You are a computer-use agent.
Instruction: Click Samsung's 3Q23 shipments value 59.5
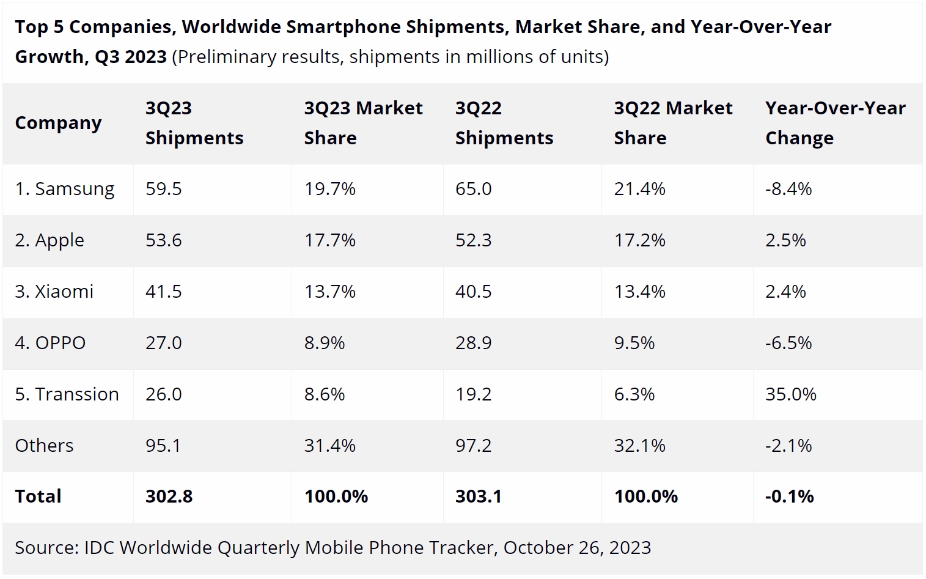click(163, 189)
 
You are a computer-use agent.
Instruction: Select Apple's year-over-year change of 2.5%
click(785, 240)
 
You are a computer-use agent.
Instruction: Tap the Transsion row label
click(67, 394)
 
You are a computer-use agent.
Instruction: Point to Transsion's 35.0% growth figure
click(790, 394)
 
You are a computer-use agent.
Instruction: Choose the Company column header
click(58, 123)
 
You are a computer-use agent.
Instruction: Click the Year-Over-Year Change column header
click(835, 123)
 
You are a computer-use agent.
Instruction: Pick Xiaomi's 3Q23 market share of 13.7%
click(329, 292)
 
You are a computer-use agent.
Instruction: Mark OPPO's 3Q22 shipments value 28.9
click(473, 343)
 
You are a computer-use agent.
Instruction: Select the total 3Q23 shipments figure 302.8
click(169, 496)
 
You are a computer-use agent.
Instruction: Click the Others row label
click(44, 446)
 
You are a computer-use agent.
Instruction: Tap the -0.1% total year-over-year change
click(789, 496)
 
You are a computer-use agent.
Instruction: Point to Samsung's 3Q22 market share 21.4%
click(639, 189)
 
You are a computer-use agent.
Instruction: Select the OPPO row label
click(50, 343)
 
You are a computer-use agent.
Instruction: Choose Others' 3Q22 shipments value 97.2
click(473, 446)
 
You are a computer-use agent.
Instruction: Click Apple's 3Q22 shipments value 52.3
click(473, 240)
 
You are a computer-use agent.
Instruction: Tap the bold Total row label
click(38, 496)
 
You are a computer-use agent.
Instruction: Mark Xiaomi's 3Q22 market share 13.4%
click(639, 292)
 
